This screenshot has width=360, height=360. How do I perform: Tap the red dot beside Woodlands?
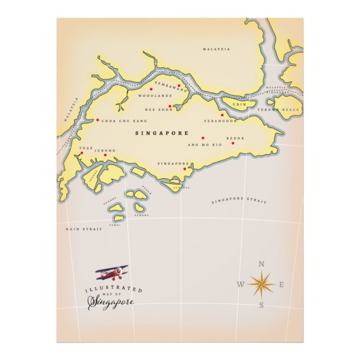coord(151,89)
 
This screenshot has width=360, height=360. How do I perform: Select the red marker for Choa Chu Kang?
coord(97,120)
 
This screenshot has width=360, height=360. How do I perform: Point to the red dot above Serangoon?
coord(222,115)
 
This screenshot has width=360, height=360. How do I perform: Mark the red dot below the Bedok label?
coord(233,143)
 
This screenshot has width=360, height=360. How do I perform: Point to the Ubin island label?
coord(239,105)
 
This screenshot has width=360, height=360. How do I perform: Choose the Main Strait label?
coord(84,229)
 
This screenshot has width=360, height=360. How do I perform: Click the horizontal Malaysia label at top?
coord(216,49)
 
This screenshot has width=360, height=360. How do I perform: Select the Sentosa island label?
coord(181,187)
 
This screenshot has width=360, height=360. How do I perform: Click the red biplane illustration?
coord(112,273)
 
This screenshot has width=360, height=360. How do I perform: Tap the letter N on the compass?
coord(261,264)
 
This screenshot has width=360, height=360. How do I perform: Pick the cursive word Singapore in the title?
coord(111,302)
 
